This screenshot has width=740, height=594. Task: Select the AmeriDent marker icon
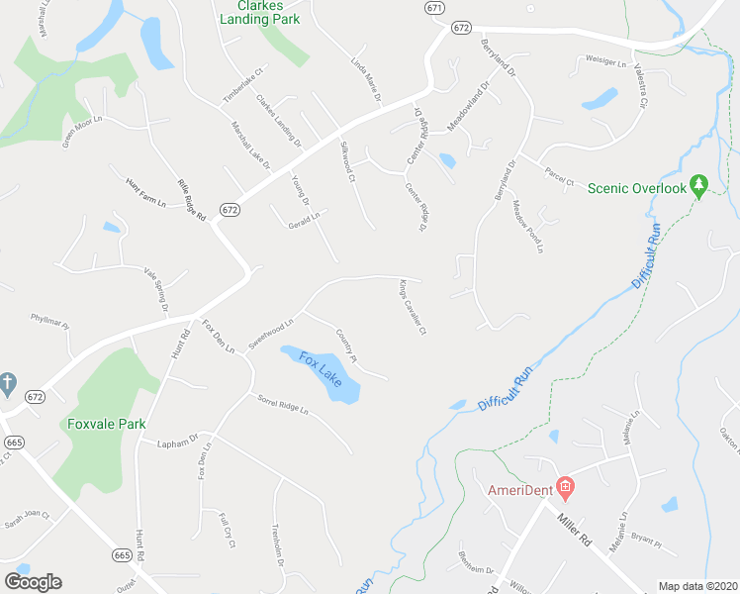565,486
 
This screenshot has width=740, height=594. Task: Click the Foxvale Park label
107,424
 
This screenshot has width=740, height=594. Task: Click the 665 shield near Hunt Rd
123,555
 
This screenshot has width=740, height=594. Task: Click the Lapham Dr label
178,442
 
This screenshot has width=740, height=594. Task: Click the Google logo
33,581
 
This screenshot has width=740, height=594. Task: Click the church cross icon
7,382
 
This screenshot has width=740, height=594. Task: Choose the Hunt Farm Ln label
143,184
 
